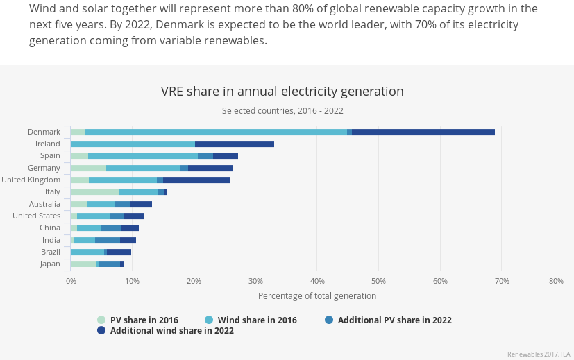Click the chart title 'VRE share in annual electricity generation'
click(282, 92)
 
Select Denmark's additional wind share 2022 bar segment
click(423, 132)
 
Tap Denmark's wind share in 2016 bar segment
click(216, 132)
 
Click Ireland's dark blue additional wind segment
click(234, 144)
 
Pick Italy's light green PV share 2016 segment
click(94, 191)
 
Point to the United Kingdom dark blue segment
click(196, 180)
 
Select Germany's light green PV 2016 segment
click(88, 168)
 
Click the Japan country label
click(50, 264)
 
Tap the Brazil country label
click(50, 252)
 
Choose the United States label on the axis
click(37, 216)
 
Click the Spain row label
click(50, 156)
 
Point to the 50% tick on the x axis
click(378, 281)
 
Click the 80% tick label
click(555, 281)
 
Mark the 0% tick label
click(71, 281)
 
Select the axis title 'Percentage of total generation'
click(316, 295)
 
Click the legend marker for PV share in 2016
click(101, 320)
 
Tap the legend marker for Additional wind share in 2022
click(101, 331)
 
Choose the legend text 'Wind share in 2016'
click(257, 320)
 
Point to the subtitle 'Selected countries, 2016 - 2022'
click(282, 110)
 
